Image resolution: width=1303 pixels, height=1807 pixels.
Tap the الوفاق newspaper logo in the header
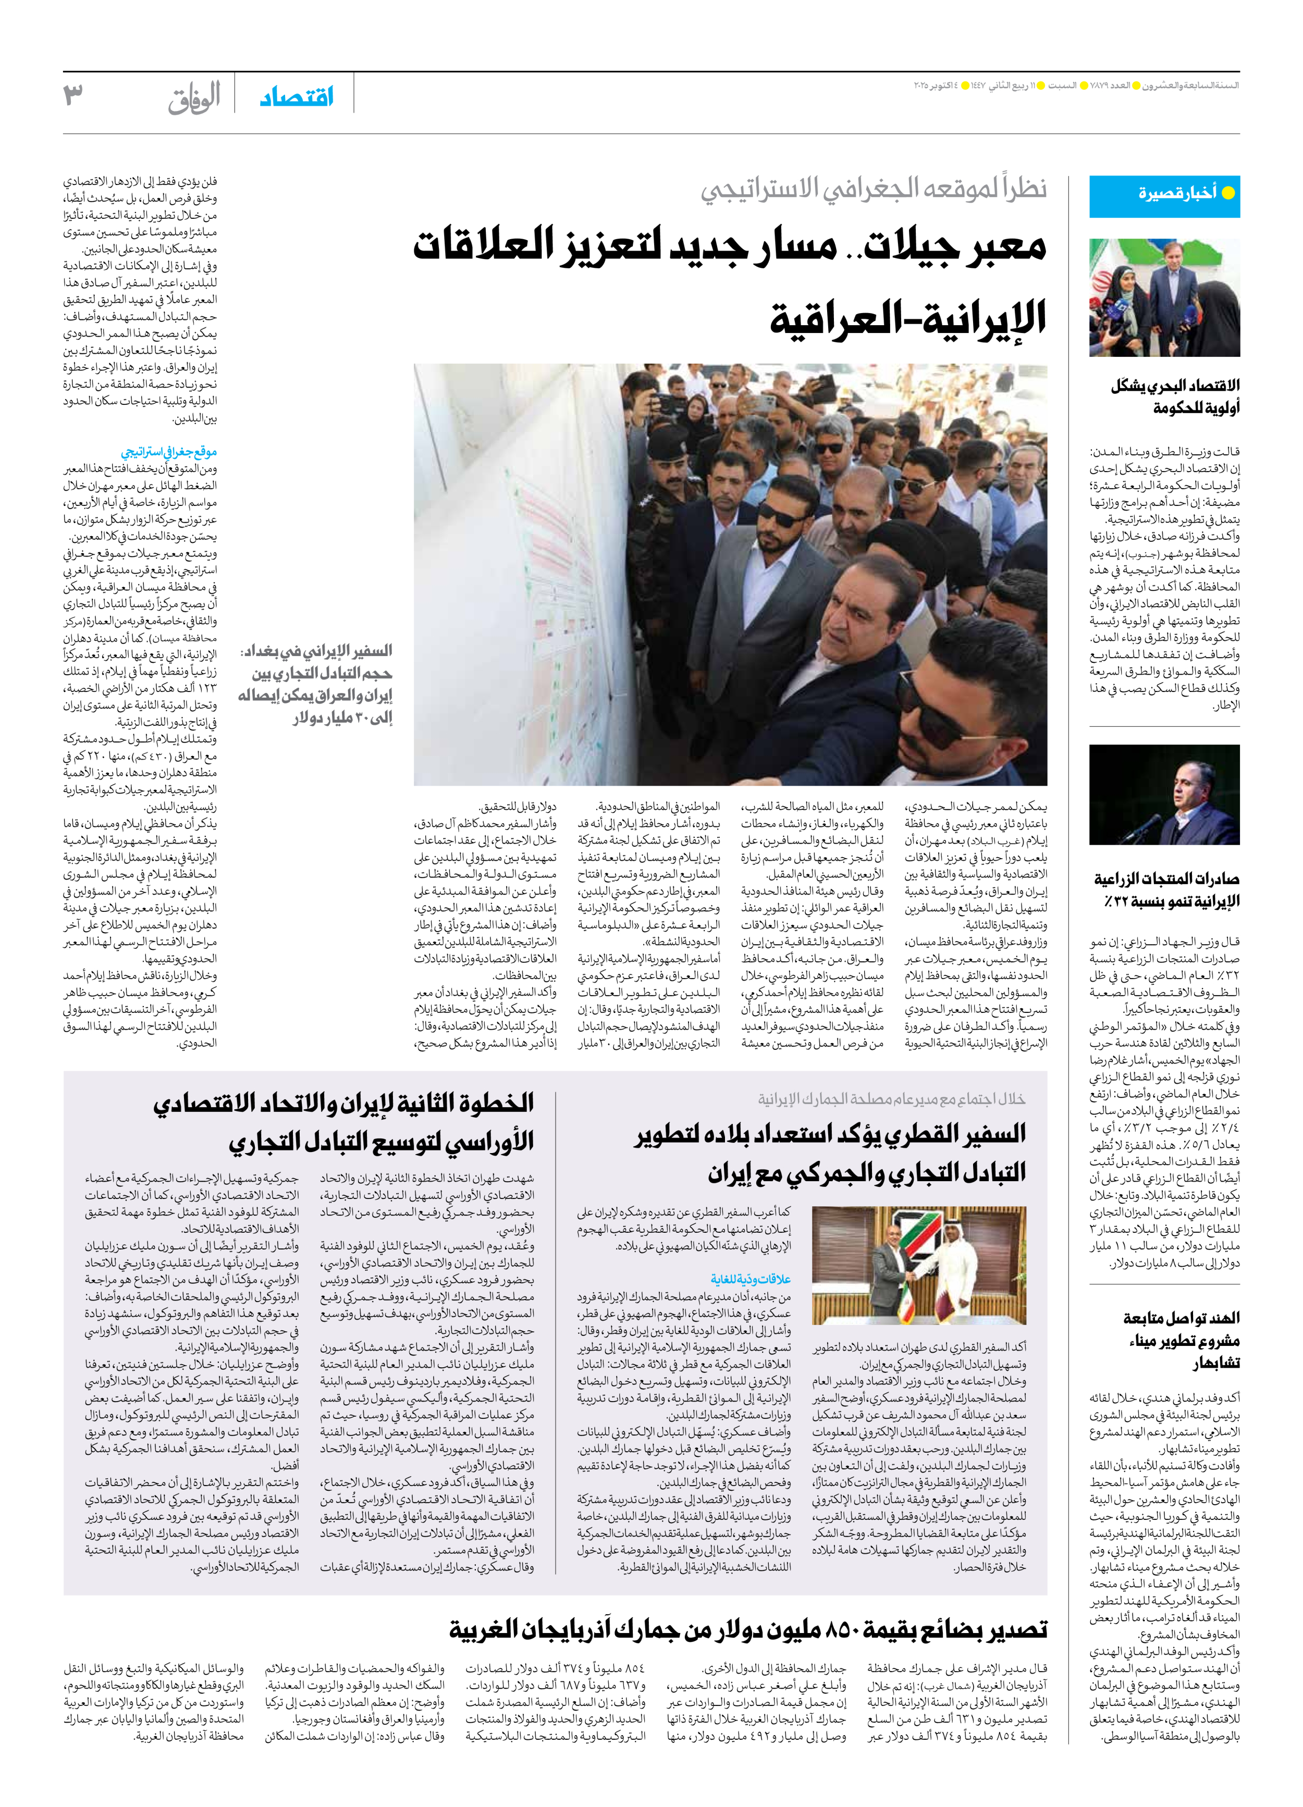[x=194, y=98]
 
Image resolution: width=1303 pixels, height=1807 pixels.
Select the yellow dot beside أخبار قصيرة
[x=1227, y=193]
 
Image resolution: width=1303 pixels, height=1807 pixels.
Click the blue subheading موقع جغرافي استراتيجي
[x=169, y=452]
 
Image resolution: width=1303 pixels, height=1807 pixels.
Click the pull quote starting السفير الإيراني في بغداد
[x=316, y=684]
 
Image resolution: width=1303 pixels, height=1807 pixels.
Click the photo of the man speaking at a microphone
[x=1164, y=795]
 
